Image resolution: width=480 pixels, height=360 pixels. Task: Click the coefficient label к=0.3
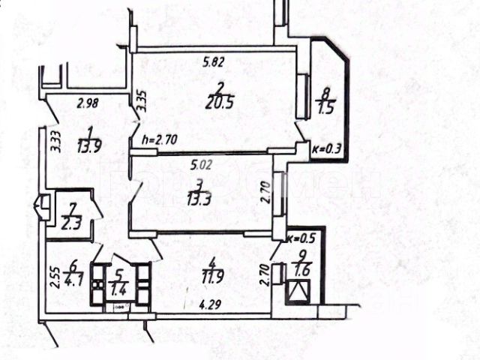326,148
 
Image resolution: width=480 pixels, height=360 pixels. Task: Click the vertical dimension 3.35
139,99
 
